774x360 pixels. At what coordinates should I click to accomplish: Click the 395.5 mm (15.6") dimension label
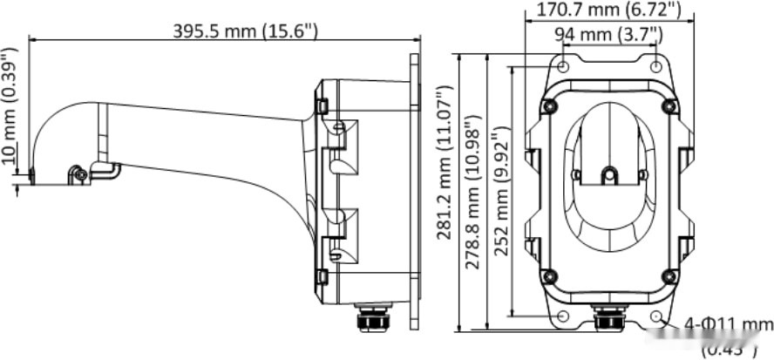coord(246,30)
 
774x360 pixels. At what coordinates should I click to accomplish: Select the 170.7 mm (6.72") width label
coord(610,10)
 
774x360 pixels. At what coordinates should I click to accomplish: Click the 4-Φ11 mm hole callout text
coord(728,325)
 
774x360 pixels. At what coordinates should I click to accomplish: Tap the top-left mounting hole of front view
coord(563,66)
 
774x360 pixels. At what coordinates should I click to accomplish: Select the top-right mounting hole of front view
coord(656,66)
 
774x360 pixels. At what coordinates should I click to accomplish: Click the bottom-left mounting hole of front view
coord(563,316)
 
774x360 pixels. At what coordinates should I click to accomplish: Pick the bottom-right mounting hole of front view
coord(656,316)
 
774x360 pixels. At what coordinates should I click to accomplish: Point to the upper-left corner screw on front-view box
coord(549,106)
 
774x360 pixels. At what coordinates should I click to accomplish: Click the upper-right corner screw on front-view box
coord(669,106)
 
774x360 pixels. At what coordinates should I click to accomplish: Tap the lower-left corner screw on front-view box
coord(549,276)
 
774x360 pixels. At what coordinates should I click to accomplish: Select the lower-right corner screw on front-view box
coord(669,276)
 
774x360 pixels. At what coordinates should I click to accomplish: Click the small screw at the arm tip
coord(80,174)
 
